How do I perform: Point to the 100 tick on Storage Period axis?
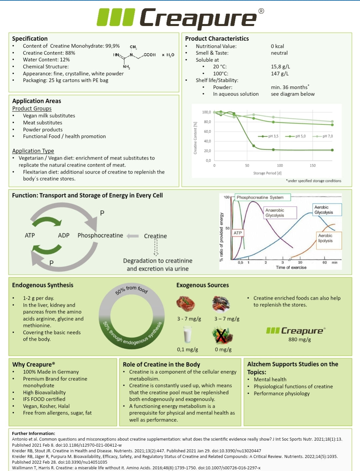coord(280,165)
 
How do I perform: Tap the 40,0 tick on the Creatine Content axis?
coord(207,141)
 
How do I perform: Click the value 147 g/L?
coord(280,73)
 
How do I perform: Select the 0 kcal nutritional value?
coord(277,46)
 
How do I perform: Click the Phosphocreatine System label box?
coord(262,197)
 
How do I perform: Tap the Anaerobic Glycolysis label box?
coord(280,213)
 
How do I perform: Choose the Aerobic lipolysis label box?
coord(329,240)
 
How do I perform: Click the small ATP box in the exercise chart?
coord(238,233)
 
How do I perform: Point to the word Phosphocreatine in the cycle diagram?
coord(100,235)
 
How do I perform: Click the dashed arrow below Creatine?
coord(156,247)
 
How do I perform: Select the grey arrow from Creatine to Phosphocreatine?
coord(133,236)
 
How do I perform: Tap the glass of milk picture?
coord(188,334)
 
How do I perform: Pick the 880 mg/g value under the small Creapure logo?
coord(300,340)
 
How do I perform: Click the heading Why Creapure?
coord(33,364)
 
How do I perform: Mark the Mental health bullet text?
coord(270,379)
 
